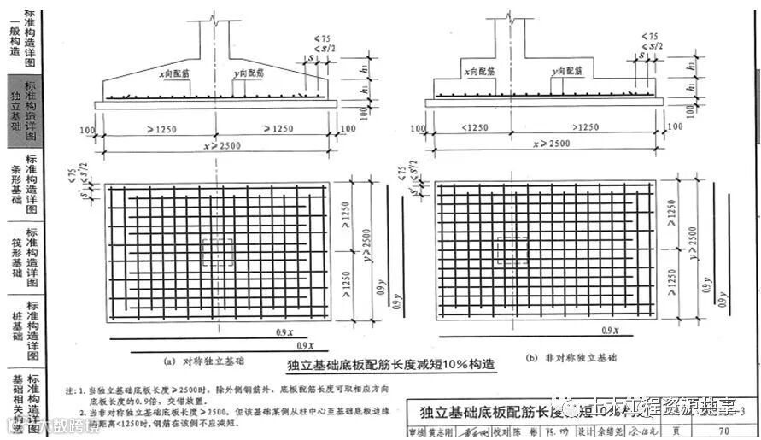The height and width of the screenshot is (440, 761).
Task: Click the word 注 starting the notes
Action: pos(71,390)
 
